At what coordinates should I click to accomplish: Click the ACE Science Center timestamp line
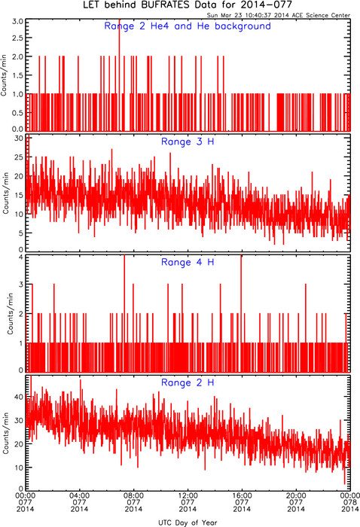(x=279, y=15)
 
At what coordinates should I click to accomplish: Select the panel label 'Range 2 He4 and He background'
(x=188, y=26)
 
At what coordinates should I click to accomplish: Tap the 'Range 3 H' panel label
(x=188, y=142)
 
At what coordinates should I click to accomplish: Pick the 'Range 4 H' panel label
(x=188, y=262)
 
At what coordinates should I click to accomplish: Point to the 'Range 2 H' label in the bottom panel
(x=188, y=382)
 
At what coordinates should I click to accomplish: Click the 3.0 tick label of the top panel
(x=17, y=22)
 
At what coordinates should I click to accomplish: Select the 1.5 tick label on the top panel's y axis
(x=17, y=75)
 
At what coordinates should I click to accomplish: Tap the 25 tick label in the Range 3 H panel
(x=19, y=157)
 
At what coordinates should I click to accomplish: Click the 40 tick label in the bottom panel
(x=19, y=397)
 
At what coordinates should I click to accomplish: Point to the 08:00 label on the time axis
(x=133, y=495)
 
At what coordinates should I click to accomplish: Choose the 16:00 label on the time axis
(x=242, y=495)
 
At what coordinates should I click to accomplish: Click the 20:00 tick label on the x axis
(x=296, y=495)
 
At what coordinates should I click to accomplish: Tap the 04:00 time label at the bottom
(x=79, y=495)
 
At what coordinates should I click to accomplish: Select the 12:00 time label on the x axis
(x=188, y=495)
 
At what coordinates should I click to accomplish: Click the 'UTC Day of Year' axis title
(x=188, y=522)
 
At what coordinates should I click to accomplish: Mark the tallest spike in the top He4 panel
(x=119, y=75)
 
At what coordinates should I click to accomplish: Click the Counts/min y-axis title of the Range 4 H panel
(x=10, y=313)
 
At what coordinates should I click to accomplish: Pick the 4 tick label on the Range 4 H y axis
(x=21, y=257)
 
